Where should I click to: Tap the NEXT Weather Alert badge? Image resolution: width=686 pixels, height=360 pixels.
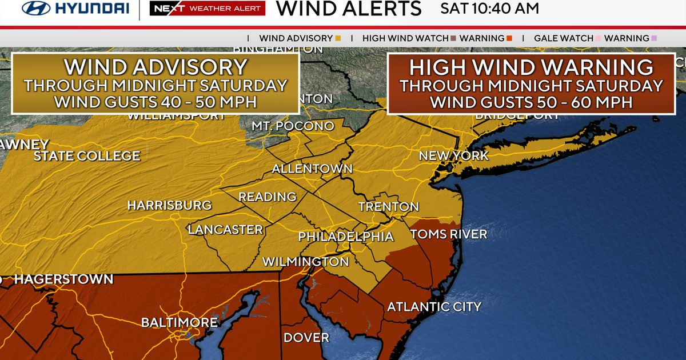click(x=207, y=9)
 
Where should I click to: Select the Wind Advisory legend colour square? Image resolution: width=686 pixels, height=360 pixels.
click(x=338, y=38)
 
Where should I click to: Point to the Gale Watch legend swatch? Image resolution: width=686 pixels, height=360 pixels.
click(x=599, y=38)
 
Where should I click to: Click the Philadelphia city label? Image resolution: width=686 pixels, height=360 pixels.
click(x=346, y=237)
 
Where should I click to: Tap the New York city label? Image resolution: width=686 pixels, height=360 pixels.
click(x=453, y=155)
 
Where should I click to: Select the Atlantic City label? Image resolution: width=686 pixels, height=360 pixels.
click(x=434, y=307)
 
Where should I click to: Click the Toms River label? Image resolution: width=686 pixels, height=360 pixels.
click(x=449, y=234)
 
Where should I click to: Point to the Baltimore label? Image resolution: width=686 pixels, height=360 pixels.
click(x=180, y=323)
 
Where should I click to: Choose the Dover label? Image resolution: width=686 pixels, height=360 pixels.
click(x=306, y=338)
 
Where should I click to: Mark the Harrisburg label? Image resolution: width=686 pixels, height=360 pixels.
click(x=169, y=205)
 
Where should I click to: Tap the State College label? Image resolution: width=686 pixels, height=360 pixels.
click(x=86, y=156)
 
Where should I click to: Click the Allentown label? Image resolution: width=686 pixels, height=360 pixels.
click(x=312, y=169)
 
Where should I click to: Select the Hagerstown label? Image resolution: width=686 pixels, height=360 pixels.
click(x=63, y=279)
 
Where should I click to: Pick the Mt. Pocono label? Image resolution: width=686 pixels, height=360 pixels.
click(x=293, y=126)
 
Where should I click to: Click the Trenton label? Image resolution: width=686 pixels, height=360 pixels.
click(x=389, y=206)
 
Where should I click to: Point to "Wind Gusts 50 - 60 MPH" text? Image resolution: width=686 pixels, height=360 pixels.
click(x=531, y=102)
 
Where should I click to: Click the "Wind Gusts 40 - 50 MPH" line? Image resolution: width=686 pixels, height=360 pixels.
click(x=155, y=102)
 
